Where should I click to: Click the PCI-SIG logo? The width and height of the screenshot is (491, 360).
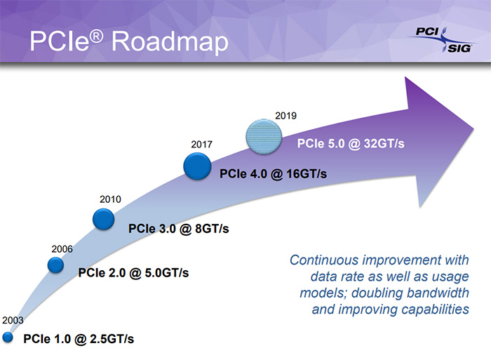442,40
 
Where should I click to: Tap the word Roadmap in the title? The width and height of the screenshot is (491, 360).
170,41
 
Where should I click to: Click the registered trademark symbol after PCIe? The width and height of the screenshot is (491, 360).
96,36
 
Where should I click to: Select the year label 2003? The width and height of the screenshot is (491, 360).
13,320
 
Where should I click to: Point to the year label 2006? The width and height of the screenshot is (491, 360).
62,249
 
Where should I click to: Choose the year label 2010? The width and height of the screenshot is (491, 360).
110,199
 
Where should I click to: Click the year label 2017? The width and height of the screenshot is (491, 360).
202,145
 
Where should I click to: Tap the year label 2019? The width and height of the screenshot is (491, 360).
285,116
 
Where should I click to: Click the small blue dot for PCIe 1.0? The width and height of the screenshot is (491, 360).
8,338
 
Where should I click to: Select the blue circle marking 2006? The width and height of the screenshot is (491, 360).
55,265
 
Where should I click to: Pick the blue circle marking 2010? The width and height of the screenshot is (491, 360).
103,220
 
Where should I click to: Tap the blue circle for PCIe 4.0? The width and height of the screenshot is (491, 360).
197,166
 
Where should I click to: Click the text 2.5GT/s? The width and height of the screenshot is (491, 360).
112,339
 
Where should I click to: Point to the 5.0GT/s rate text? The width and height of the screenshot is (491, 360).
167,273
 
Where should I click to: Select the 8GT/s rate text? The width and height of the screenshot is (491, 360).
212,229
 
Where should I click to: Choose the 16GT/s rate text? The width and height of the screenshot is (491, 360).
307,174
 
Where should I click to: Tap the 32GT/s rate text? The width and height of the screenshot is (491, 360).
384,143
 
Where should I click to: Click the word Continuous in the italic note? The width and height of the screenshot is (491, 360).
324,260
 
